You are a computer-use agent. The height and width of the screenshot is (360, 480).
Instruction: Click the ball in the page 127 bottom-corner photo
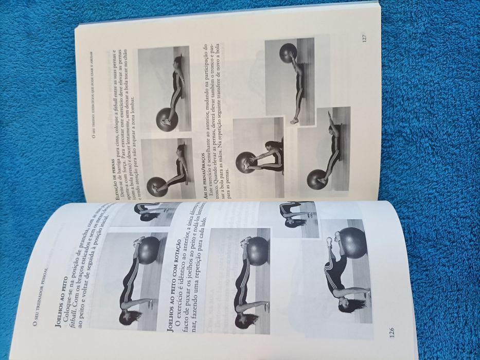pyautogui.click(x=316, y=179)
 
